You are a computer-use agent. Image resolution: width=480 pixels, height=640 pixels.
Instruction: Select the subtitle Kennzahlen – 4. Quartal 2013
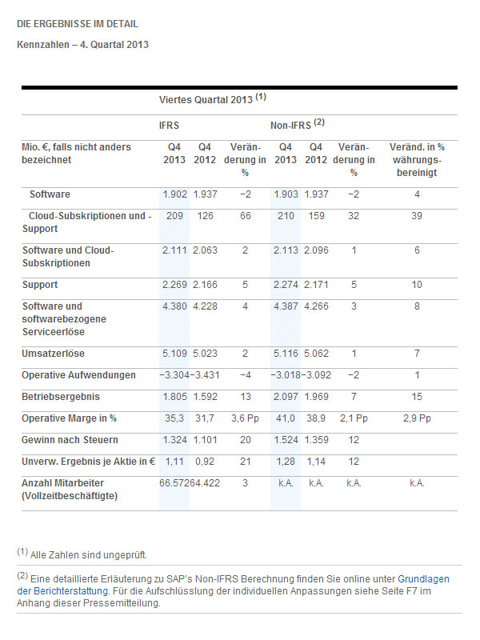pyautogui.click(x=82, y=45)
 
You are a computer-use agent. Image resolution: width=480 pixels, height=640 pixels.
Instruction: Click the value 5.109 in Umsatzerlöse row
pyautogui.click(x=174, y=354)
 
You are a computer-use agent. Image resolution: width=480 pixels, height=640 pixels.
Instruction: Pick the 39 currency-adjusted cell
pyautogui.click(x=417, y=216)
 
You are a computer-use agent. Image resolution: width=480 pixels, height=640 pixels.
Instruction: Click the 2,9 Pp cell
pyautogui.click(x=417, y=418)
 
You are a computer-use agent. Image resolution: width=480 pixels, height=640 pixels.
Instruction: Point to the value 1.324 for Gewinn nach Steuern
pyautogui.click(x=174, y=440)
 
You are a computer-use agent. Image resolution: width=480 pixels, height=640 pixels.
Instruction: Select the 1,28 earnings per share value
pyautogui.click(x=286, y=462)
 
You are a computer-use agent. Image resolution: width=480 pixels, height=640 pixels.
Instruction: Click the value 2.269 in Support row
pyautogui.click(x=174, y=285)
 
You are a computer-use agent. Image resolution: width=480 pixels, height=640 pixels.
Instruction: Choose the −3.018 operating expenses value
pyautogui.click(x=285, y=375)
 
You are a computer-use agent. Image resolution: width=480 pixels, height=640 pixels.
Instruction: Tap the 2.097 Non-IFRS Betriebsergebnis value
pyautogui.click(x=285, y=397)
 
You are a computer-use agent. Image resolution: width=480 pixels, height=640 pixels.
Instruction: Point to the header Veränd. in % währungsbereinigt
pyautogui.click(x=417, y=160)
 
